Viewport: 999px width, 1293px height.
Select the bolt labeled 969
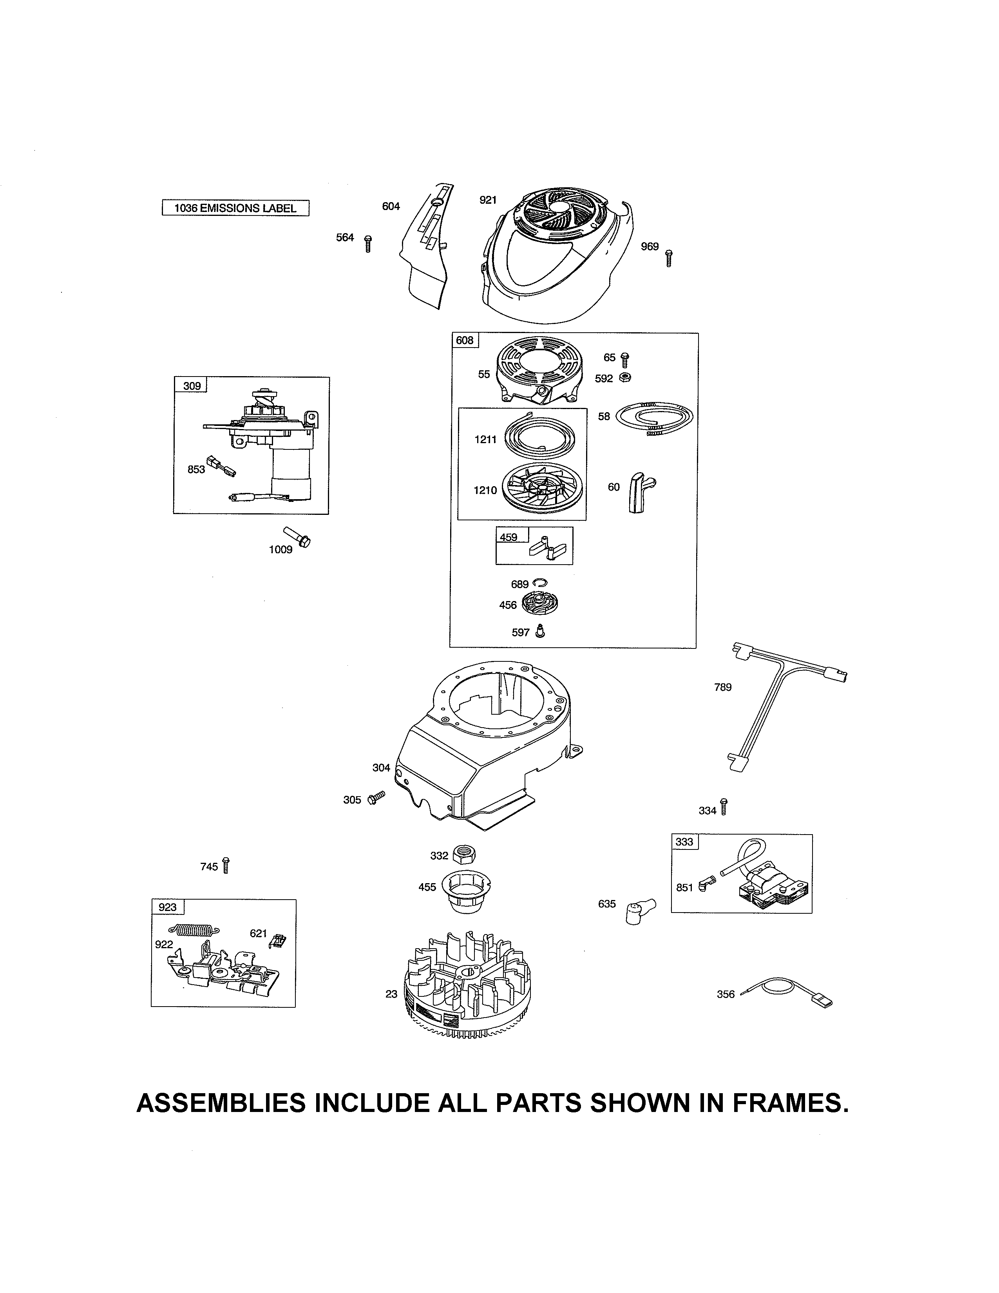click(x=669, y=258)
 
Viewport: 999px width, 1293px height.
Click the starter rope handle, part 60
click(x=639, y=491)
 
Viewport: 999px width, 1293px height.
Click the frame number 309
click(x=192, y=386)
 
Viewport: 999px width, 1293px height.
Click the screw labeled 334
click(x=724, y=806)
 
